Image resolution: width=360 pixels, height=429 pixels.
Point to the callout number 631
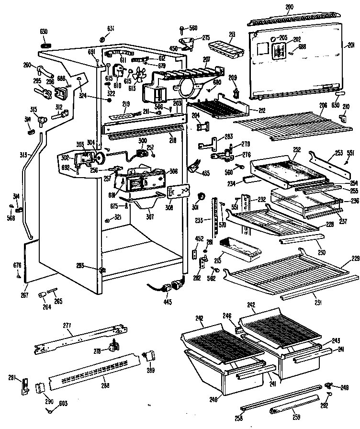point(111,28)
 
